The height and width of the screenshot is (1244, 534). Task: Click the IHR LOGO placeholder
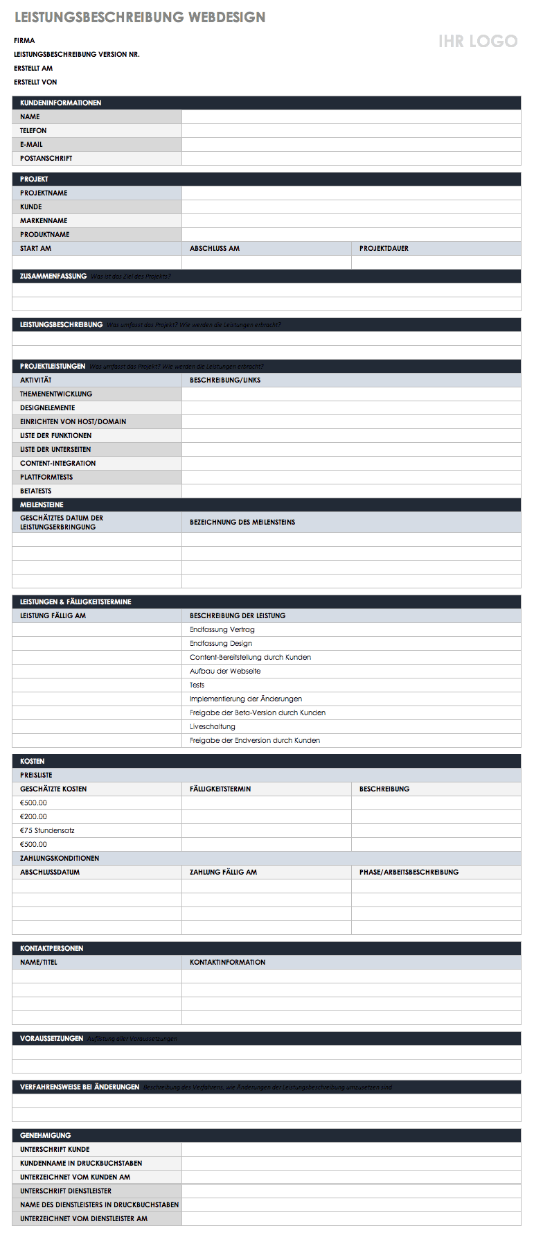[477, 41]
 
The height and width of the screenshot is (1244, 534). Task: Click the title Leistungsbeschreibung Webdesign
[140, 17]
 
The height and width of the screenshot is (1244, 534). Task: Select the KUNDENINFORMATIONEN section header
[60, 103]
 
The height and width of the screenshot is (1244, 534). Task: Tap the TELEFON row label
[33, 130]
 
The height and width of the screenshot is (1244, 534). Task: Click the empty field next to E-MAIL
[350, 144]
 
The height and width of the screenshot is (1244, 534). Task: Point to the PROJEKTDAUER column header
[384, 248]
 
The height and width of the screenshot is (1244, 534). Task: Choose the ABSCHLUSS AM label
[215, 248]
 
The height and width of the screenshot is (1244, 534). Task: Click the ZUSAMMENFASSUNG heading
[53, 276]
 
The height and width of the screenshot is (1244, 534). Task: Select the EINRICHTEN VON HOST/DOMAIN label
[73, 421]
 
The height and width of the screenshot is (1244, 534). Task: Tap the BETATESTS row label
[35, 491]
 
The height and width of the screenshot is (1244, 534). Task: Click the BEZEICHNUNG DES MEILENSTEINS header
[242, 522]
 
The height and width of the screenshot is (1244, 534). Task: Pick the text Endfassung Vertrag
[222, 629]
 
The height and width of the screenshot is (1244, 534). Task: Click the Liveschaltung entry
[213, 726]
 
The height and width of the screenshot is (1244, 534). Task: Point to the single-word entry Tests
[197, 685]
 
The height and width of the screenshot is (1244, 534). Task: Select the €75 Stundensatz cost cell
[47, 830]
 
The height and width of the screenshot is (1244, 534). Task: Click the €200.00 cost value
[33, 816]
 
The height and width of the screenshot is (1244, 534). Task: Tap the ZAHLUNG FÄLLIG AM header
[223, 872]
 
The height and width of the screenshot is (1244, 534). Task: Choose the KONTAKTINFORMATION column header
[227, 962]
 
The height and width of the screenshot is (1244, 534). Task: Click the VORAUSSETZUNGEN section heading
[51, 1038]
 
